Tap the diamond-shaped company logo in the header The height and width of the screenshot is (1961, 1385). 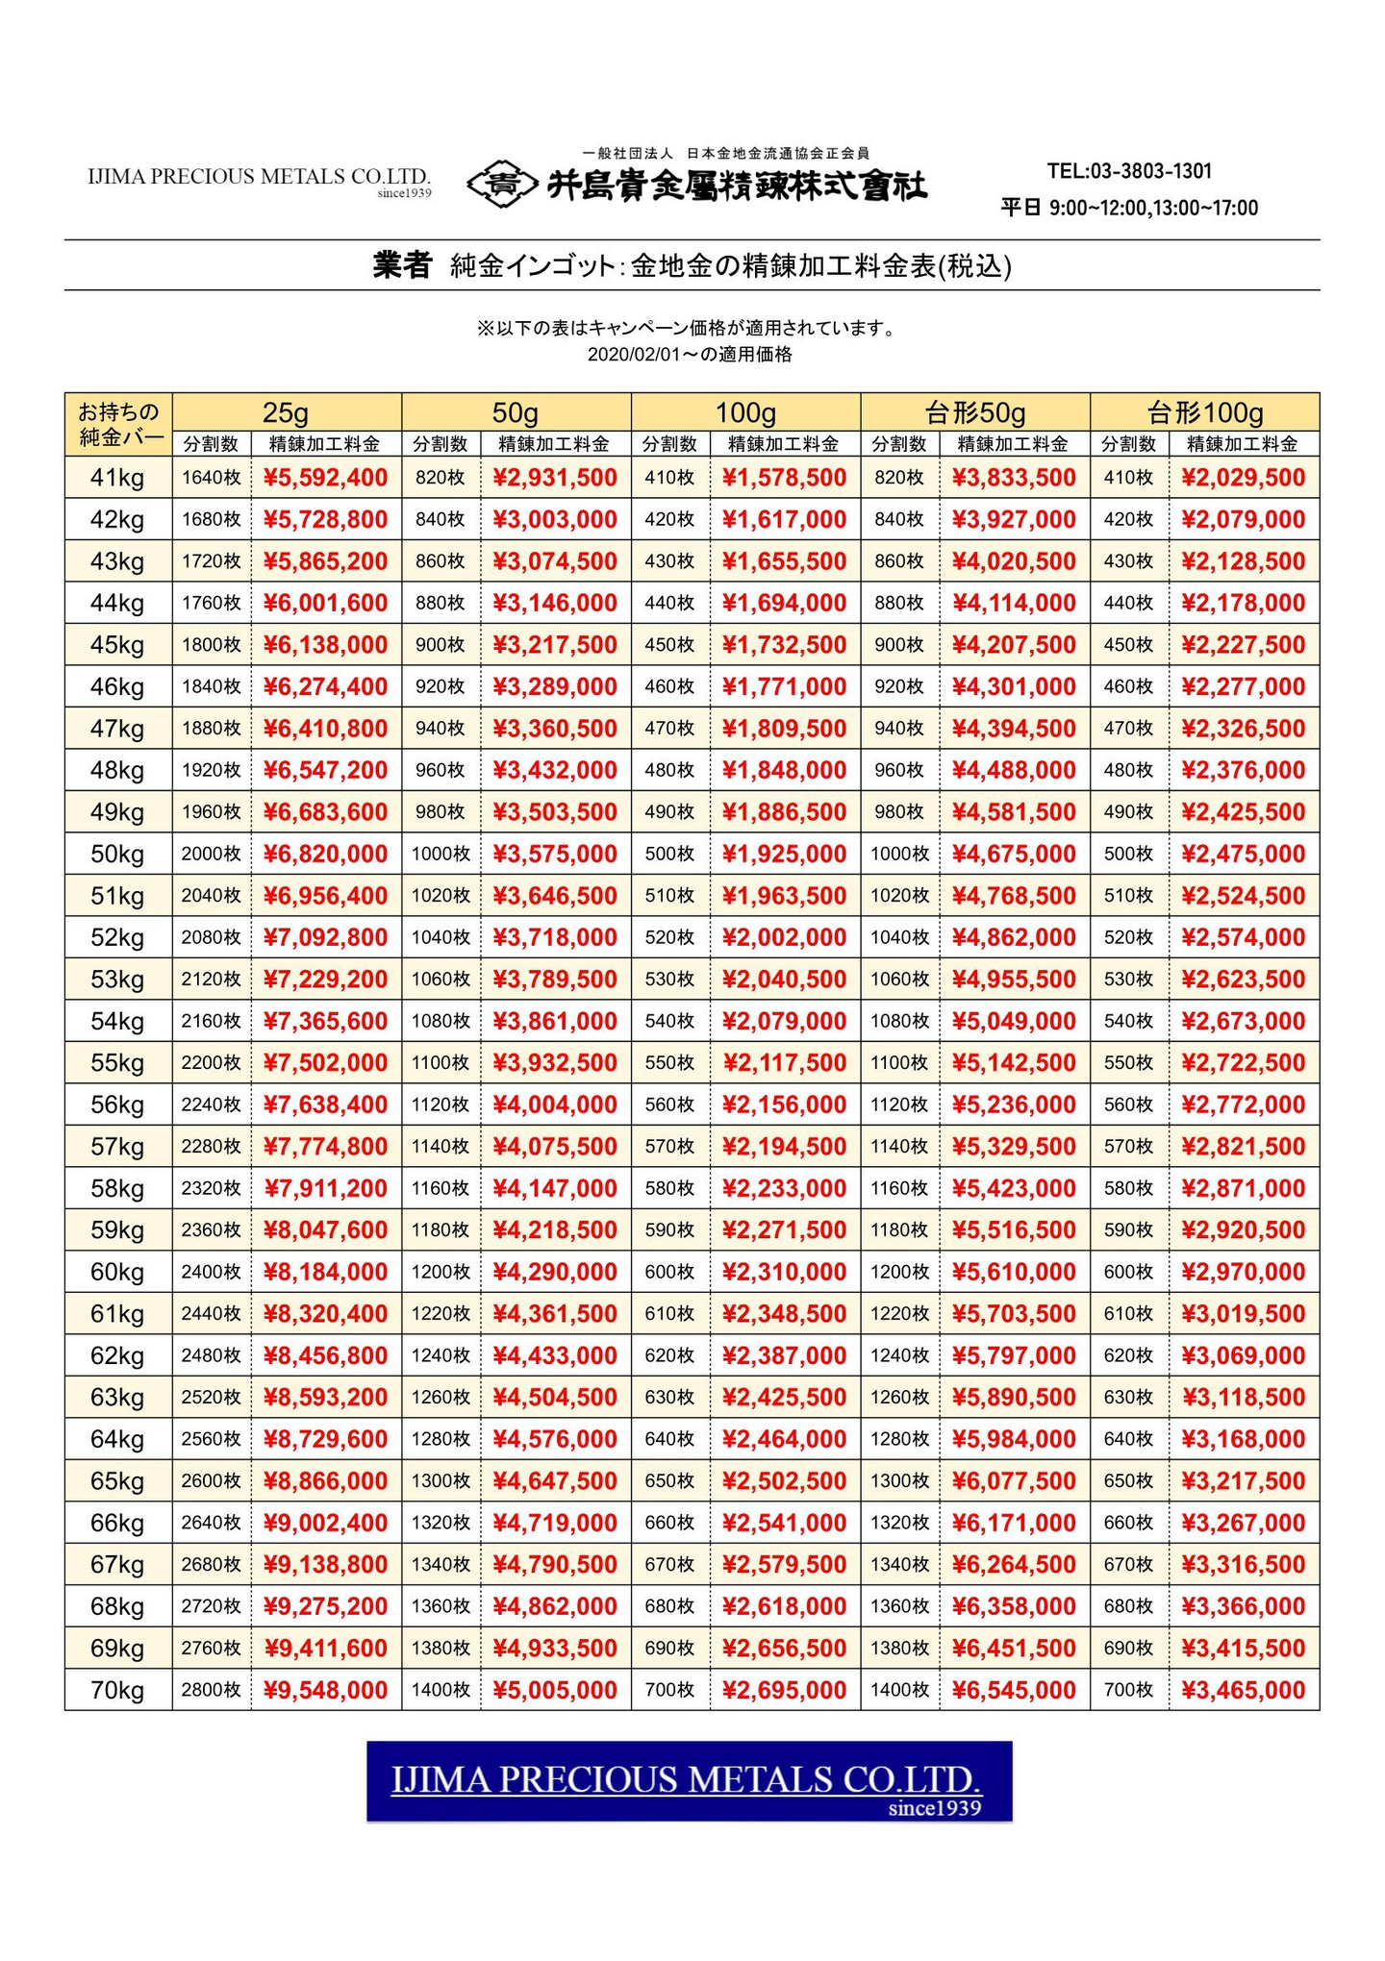coord(501,184)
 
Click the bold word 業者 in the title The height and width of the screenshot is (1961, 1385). coord(401,265)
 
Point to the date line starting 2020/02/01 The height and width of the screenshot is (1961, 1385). coord(690,355)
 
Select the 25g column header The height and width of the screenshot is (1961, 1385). coord(287,412)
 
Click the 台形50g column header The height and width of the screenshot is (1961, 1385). coord(975,412)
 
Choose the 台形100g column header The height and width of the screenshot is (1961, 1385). coord(1204,412)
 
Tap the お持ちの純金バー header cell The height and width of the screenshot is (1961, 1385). coord(118,424)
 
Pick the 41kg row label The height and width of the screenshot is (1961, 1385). coord(117,478)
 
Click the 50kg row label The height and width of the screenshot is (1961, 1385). coord(117,854)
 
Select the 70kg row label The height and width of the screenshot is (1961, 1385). coord(117,1690)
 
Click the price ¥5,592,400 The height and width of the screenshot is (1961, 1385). coord(325,478)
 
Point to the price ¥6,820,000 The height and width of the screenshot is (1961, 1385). coord(325,854)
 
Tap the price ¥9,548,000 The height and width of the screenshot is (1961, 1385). coord(325,1690)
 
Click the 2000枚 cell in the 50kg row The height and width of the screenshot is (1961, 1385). coord(211,854)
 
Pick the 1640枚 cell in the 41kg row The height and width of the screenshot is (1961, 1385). coord(211,478)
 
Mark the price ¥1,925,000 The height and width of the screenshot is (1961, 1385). coord(784,854)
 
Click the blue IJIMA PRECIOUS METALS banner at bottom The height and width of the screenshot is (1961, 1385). coord(689,1781)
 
